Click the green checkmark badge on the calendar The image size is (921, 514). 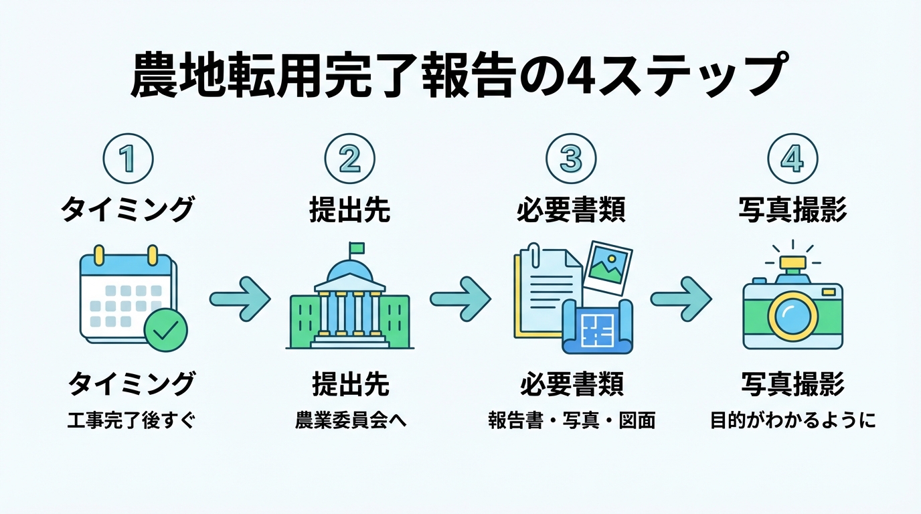pos(166,330)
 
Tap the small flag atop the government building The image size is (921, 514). pos(356,248)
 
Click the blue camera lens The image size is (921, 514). pos(792,316)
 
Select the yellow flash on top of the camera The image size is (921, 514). pos(793,263)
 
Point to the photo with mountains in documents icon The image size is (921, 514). pos(607,266)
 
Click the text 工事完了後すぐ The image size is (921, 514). pos(131,422)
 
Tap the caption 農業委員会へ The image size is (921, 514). pos(351,422)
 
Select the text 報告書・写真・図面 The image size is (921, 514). pos(571,422)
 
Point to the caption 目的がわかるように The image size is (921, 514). pos(792,422)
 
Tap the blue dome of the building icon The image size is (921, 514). pos(350,269)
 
